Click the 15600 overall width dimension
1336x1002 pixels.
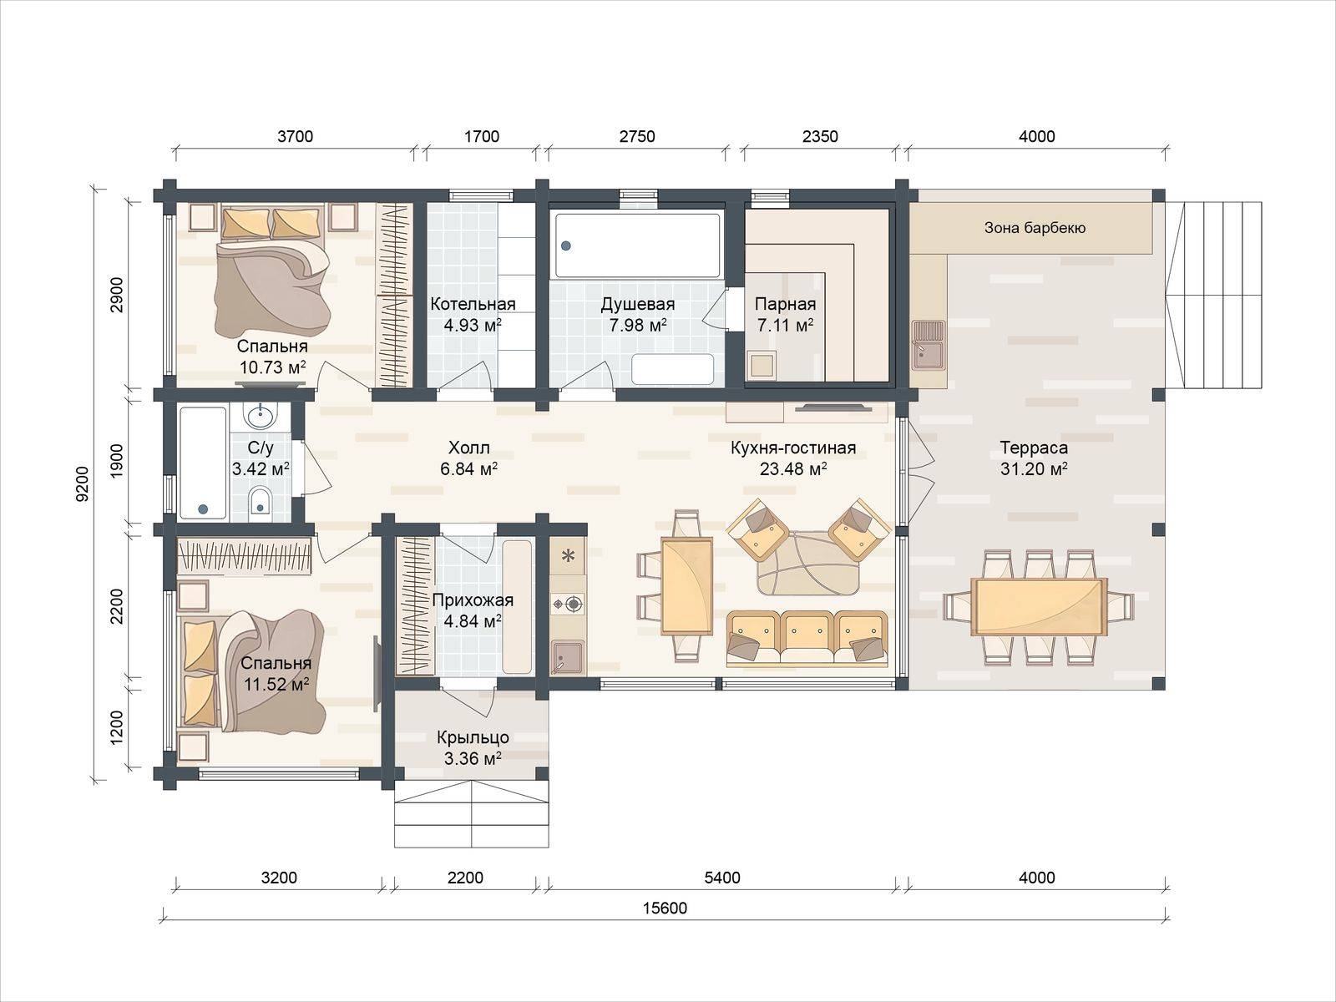[665, 908]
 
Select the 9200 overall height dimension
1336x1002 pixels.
[82, 483]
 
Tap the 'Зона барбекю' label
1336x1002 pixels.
[1035, 228]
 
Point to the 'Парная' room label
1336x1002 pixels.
[785, 304]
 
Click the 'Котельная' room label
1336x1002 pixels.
[473, 304]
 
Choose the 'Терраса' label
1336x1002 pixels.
[1034, 448]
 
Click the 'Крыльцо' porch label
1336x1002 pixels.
[473, 738]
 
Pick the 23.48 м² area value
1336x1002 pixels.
[793, 469]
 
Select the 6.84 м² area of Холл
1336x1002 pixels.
[468, 469]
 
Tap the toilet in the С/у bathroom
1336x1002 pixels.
[261, 501]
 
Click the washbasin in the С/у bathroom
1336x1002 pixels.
[261, 416]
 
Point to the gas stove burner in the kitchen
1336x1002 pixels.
[573, 604]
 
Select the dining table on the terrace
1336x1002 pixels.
[1039, 606]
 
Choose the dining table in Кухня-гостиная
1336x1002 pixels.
[686, 586]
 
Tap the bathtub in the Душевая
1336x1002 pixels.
[637, 245]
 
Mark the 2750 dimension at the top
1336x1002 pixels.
[637, 136]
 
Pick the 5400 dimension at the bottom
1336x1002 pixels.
[722, 878]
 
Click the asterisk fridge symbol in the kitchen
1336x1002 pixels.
[569, 555]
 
